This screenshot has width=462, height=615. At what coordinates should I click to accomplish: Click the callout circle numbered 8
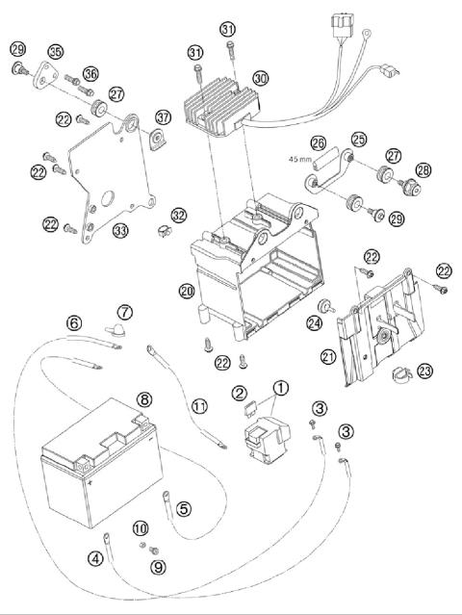click(x=143, y=398)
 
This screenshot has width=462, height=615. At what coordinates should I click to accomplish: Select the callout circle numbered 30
click(x=260, y=78)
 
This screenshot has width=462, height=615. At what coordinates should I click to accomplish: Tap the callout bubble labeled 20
click(x=186, y=290)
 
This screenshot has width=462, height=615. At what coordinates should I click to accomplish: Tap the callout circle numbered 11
click(x=198, y=406)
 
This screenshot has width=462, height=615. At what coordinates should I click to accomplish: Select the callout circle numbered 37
click(x=162, y=117)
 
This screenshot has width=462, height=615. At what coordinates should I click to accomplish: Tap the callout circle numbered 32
click(x=179, y=215)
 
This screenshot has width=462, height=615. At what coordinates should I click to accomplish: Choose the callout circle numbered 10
click(x=141, y=527)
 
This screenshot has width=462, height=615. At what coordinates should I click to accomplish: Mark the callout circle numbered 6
click(x=73, y=323)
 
